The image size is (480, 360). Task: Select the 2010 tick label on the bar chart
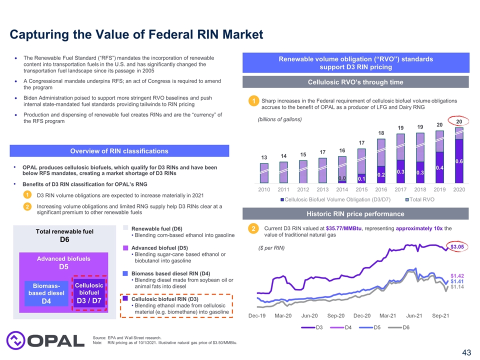coord(264,189)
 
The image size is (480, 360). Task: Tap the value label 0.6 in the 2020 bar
coord(459,161)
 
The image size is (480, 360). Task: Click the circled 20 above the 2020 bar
coord(458,121)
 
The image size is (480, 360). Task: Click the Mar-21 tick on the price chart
coord(388,315)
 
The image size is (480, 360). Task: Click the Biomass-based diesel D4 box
coord(45,293)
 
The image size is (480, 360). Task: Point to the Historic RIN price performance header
coord(355,213)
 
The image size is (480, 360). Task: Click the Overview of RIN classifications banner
coord(119,151)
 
